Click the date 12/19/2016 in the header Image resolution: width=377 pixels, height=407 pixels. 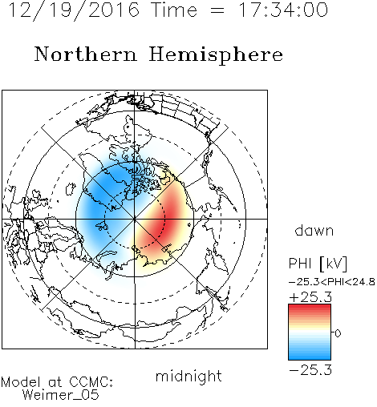[x=74, y=10]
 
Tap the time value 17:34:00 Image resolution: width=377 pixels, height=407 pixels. [x=283, y=10]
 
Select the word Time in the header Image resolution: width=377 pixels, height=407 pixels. [x=174, y=10]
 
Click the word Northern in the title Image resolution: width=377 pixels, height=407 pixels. [x=86, y=54]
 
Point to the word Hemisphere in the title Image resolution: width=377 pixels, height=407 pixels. [x=216, y=55]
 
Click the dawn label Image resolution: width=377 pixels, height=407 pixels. [x=314, y=230]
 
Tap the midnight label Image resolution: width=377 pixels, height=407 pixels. [x=188, y=376]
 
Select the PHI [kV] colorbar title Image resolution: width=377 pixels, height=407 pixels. [x=318, y=264]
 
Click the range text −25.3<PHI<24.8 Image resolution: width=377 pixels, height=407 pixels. [x=332, y=282]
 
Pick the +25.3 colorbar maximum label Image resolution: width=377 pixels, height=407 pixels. [x=310, y=297]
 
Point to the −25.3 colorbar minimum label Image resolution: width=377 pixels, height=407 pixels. [x=310, y=370]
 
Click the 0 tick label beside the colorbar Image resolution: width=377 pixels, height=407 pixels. [x=338, y=333]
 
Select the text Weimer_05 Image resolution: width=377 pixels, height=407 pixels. [x=61, y=395]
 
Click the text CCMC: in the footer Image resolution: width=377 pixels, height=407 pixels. [x=91, y=382]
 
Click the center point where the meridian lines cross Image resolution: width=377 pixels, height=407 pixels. [x=135, y=219]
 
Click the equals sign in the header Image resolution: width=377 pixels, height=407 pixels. [x=217, y=10]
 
